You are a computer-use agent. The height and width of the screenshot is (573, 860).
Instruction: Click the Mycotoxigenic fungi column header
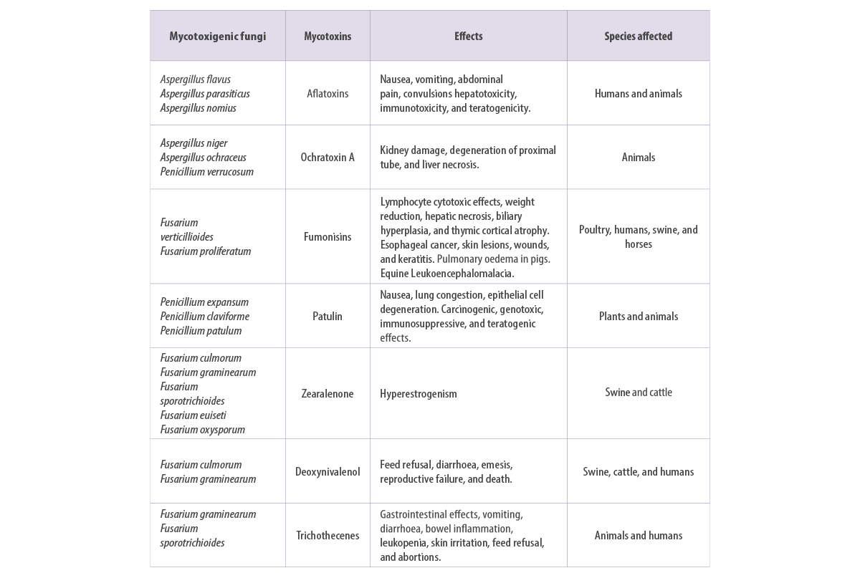(x=218, y=36)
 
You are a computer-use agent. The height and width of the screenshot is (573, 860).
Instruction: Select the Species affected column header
(x=638, y=36)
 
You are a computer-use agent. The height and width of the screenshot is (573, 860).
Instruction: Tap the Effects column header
(x=469, y=36)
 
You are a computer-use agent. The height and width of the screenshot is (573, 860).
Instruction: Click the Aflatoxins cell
(x=328, y=93)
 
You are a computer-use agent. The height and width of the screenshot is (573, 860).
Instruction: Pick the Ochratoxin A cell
(x=328, y=157)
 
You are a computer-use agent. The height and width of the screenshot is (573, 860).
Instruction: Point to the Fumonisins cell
(x=328, y=236)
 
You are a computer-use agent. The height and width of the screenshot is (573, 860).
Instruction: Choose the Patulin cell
(x=327, y=316)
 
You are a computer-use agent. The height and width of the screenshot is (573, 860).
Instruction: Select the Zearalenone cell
(x=327, y=393)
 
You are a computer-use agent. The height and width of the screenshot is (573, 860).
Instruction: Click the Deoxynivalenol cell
(x=328, y=471)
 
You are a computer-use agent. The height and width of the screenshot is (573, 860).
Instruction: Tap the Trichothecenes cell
(x=328, y=535)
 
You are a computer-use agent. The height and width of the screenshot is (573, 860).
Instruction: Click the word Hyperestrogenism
(x=419, y=394)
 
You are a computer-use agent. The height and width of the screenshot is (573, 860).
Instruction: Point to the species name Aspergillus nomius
(x=198, y=108)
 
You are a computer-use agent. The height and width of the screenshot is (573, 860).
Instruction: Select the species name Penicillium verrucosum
(x=207, y=172)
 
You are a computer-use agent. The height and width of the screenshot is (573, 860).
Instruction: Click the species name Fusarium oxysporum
(x=202, y=430)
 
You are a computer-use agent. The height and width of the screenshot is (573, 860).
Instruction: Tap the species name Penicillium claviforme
(x=205, y=317)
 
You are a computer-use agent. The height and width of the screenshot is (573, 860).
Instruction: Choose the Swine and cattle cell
(x=639, y=393)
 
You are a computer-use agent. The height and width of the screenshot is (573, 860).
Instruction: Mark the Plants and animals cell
(x=639, y=317)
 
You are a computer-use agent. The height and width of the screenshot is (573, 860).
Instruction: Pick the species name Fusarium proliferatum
(x=206, y=251)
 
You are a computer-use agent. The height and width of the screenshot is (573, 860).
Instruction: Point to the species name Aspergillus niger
(x=194, y=143)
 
